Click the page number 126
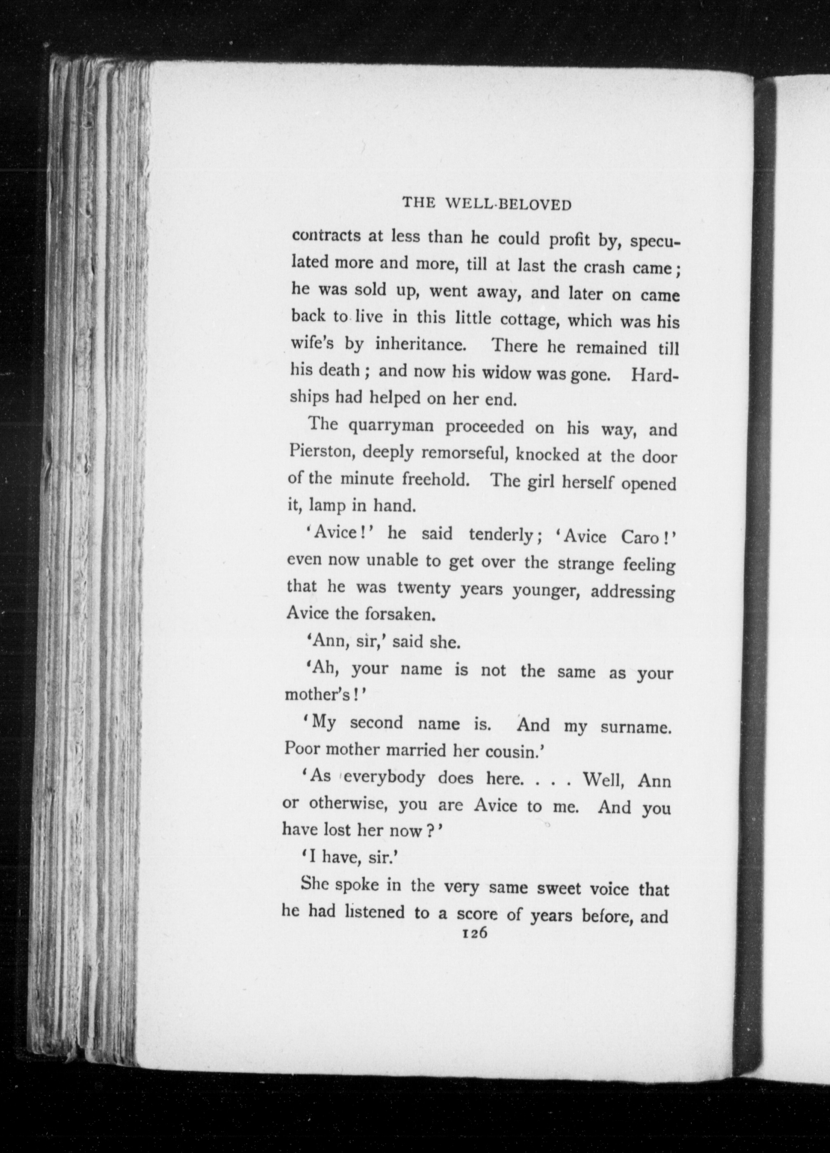[x=473, y=934]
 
